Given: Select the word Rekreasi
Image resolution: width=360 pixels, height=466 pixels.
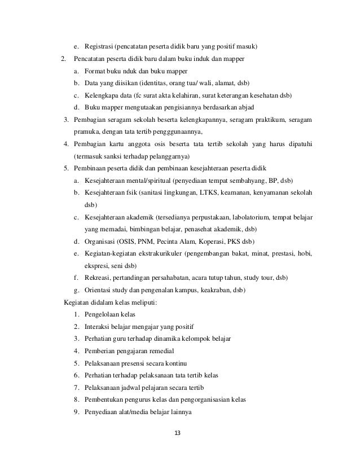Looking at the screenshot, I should [98, 278].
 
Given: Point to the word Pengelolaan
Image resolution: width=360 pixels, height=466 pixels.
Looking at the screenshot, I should [104, 314].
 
